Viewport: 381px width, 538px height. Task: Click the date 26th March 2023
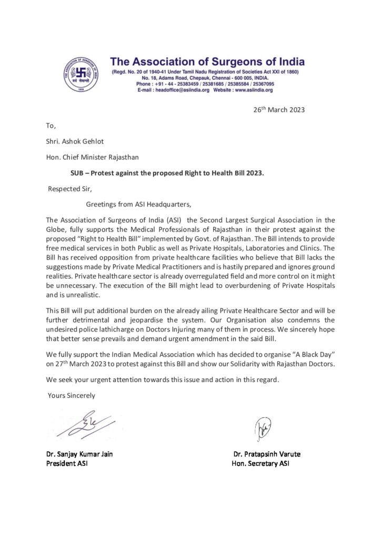[277, 110]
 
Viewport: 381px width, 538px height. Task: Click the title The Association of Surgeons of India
[207, 63]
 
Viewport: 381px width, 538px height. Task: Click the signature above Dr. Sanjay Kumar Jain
[84, 423]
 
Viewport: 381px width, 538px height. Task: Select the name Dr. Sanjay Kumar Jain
[79, 454]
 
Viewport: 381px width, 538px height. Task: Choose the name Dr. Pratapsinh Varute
[267, 454]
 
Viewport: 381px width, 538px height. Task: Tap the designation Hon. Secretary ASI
[260, 463]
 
